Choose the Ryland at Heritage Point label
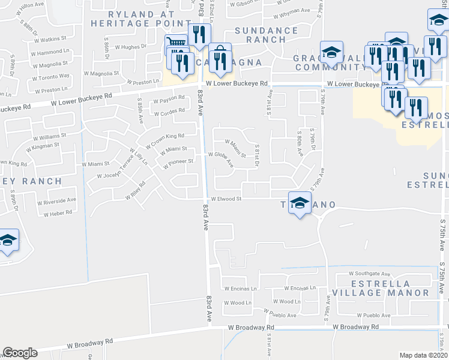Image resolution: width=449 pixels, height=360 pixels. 132,18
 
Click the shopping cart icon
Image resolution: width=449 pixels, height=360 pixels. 175,44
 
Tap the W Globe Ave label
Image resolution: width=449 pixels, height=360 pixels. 220,154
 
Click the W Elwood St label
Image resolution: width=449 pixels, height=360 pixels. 226,199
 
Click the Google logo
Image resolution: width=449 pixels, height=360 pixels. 20,353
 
